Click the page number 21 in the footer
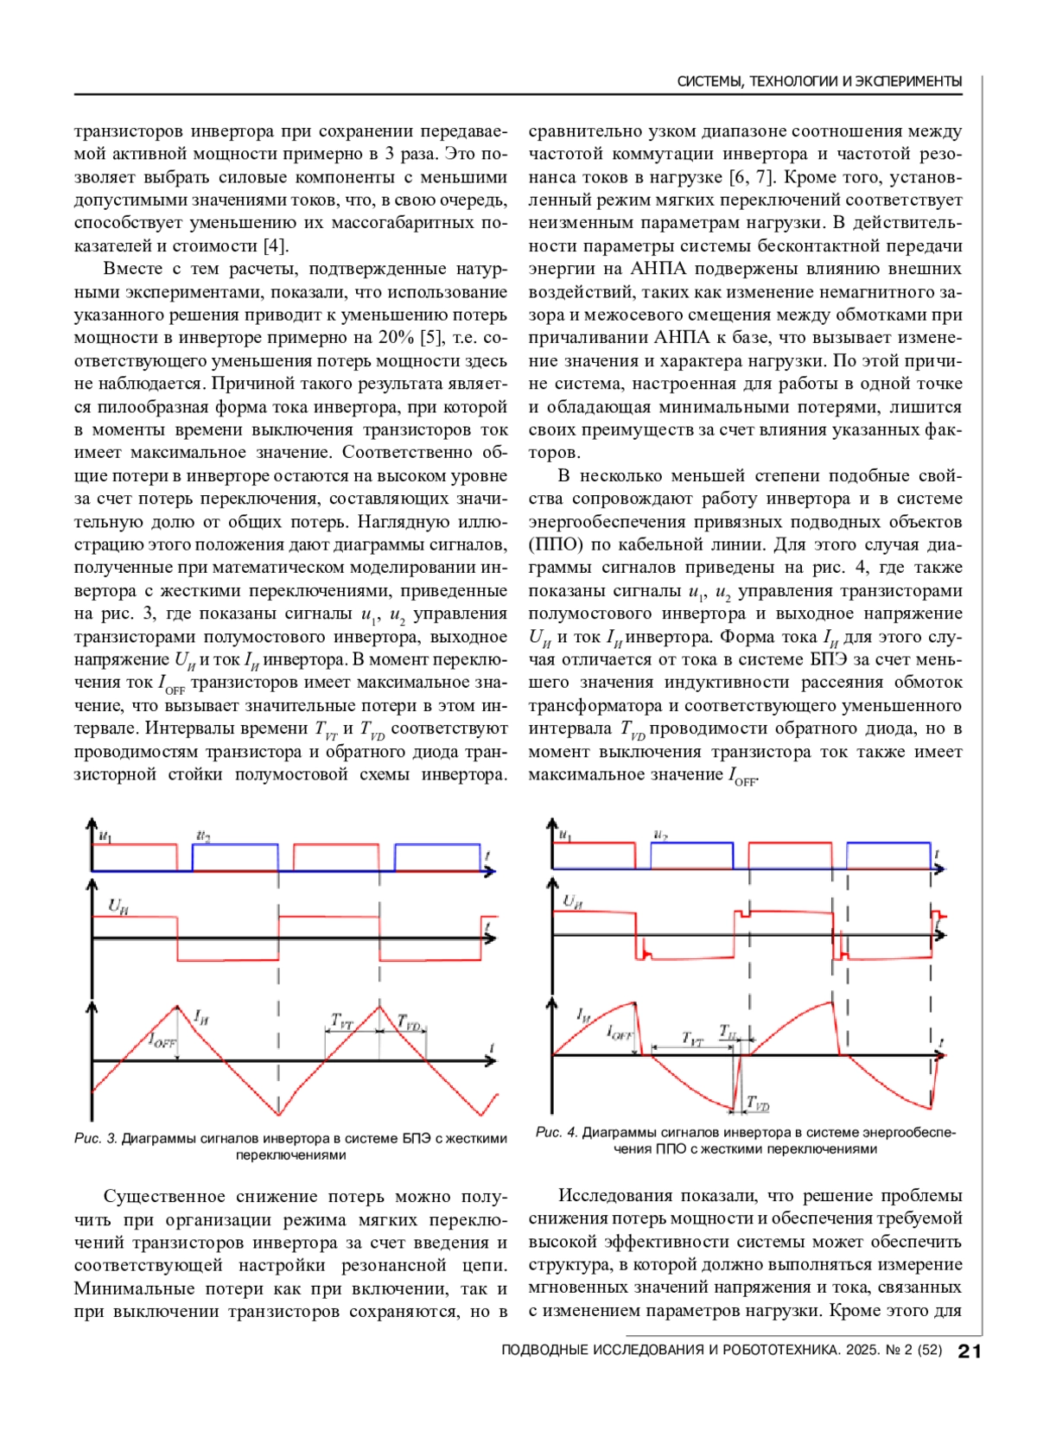coord(970,1351)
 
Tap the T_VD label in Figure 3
coord(409,1023)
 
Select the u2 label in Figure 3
coord(203,836)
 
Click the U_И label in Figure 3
coord(118,906)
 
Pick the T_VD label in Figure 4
coord(758,1104)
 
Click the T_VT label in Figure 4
coord(692,1038)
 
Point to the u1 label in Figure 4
coord(565,835)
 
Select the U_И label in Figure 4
coord(572,901)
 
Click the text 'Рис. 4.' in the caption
coord(557,1132)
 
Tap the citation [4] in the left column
coord(276,246)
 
